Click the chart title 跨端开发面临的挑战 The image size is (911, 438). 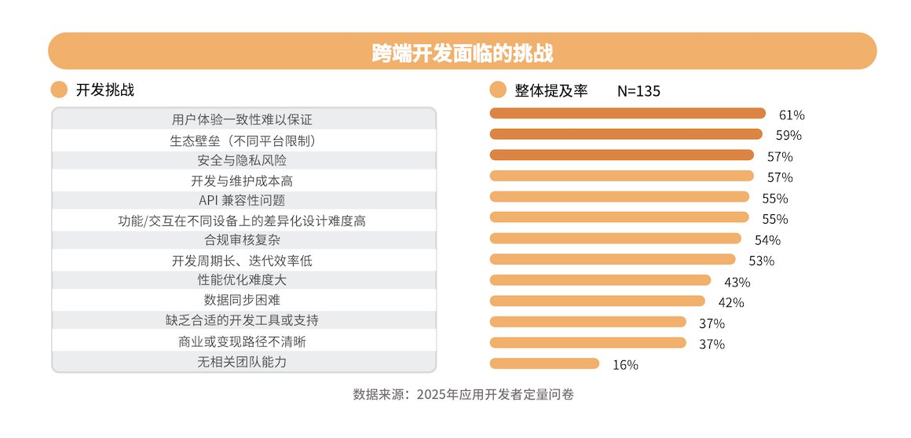[x=463, y=52]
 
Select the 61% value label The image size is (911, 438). [x=792, y=115]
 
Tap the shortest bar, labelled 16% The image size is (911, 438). [x=544, y=363]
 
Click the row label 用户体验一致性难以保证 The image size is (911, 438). [x=242, y=120]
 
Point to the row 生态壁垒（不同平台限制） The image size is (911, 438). [x=242, y=141]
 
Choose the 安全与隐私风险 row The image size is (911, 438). [x=242, y=160]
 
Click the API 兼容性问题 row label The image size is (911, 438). [x=242, y=200]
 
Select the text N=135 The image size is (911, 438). [x=638, y=90]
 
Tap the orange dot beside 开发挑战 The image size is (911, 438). [x=59, y=89]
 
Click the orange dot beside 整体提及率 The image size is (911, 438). [x=498, y=89]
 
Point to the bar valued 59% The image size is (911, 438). [x=626, y=134]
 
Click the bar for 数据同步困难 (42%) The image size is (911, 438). [x=597, y=301]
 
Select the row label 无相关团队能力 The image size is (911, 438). [x=242, y=362]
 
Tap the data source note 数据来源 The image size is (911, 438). [x=463, y=394]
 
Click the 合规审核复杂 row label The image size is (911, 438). [x=242, y=241]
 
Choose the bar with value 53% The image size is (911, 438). [x=613, y=259]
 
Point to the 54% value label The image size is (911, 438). [x=767, y=240]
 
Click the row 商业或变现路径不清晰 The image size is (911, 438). [x=242, y=341]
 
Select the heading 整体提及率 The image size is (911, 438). [x=551, y=90]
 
